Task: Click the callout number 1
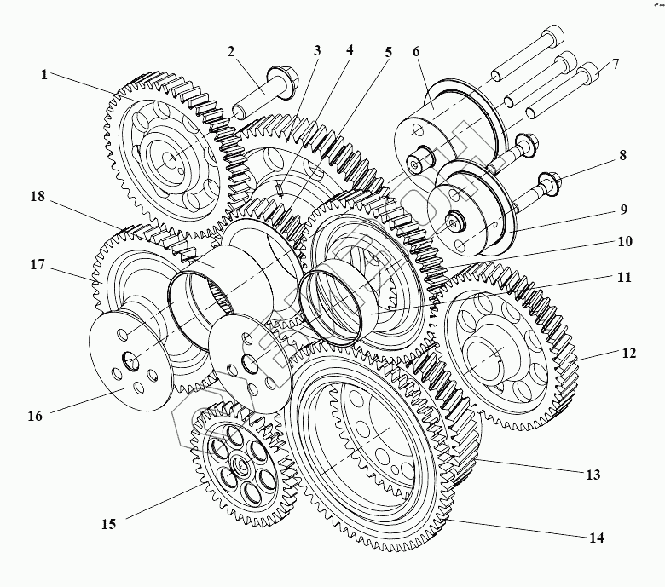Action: coord(44,75)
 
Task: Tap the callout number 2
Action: coord(231,52)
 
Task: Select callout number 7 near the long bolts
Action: coord(615,64)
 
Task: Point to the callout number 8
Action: coord(622,155)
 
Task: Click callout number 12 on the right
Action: coord(629,353)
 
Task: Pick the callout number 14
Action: coord(596,538)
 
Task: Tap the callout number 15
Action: coord(108,524)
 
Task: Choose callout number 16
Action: coord(36,416)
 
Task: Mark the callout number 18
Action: coord(38,196)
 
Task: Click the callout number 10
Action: coord(625,241)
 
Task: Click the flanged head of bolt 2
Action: coord(283,83)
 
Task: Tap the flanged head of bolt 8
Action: coord(550,184)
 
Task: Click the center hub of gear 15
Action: coord(240,465)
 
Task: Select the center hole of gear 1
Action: coord(170,161)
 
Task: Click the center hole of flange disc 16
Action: coord(130,360)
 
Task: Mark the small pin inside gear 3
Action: coord(280,189)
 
